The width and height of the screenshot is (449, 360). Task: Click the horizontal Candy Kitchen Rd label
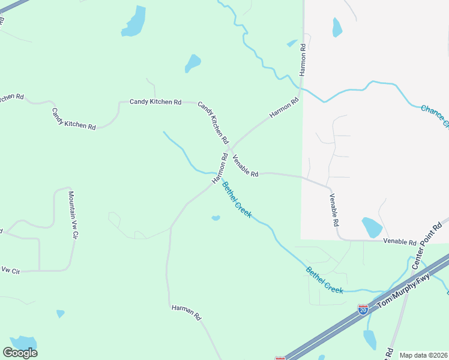[155, 102]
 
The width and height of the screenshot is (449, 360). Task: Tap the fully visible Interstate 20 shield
[363, 310]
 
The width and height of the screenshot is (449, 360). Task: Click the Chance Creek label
[435, 116]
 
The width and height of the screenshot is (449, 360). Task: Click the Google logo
[20, 353]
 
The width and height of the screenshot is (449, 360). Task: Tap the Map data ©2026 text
[423, 355]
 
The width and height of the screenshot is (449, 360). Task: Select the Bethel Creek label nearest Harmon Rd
[237, 200]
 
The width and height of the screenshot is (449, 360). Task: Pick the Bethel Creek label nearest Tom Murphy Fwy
[325, 280]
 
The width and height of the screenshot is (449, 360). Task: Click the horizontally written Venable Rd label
[400, 242]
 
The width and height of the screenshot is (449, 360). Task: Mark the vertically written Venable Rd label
[334, 209]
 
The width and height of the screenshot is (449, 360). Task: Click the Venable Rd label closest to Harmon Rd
[245, 165]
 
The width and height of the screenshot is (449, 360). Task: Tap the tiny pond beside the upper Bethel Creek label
[215, 218]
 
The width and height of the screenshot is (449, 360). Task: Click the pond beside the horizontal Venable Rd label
[372, 227]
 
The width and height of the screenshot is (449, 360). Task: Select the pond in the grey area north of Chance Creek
[337, 27]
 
